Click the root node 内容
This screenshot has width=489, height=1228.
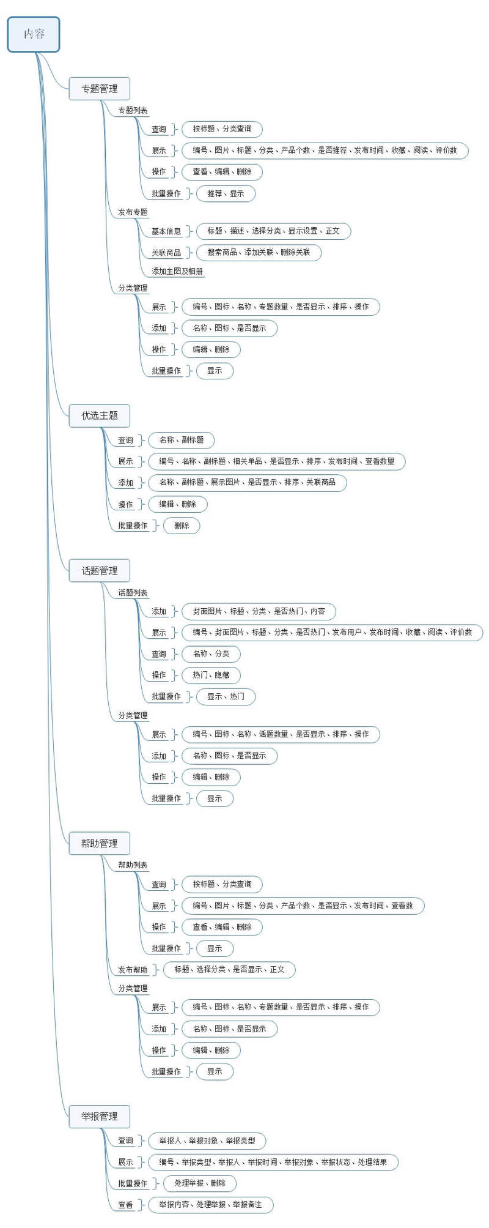(34, 34)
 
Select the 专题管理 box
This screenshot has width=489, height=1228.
(100, 89)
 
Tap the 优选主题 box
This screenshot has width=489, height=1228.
(100, 415)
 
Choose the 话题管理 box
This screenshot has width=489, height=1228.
(100, 571)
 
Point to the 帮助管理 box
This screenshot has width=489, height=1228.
(100, 843)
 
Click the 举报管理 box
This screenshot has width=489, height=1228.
(100, 1116)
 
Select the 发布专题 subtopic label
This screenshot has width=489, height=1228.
(133, 212)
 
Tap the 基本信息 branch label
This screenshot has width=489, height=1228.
(166, 231)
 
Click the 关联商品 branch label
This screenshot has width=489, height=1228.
(166, 252)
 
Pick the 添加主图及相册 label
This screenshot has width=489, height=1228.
(177, 271)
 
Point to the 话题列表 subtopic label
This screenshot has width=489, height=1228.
(133, 593)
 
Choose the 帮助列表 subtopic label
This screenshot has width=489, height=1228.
(133, 865)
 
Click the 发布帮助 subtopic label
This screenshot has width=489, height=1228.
(133, 970)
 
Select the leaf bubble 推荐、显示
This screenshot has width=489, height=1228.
(226, 193)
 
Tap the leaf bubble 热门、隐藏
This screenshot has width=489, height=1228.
(211, 675)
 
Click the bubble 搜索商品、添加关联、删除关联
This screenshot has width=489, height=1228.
(259, 252)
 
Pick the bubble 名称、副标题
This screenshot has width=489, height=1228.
(182, 440)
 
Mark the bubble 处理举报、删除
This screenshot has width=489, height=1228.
(200, 1183)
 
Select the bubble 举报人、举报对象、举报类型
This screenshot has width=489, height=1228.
(207, 1141)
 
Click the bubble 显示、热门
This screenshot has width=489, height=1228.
(226, 696)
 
